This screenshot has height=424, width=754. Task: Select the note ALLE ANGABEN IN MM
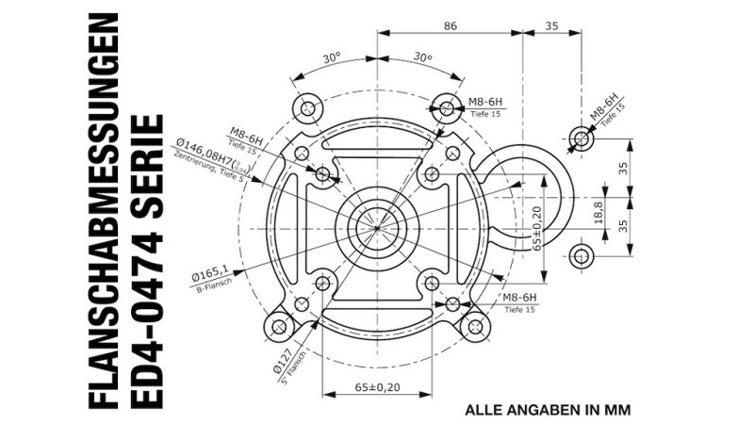tap(548, 410)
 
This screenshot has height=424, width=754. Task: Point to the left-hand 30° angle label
tap(331, 58)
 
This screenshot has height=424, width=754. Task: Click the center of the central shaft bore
tap(377, 227)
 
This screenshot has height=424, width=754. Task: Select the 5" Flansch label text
tap(294, 368)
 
